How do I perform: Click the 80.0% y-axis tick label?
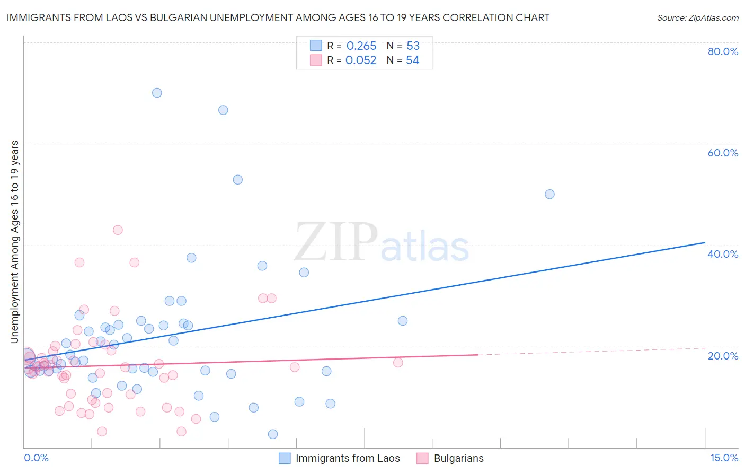pos(723,51)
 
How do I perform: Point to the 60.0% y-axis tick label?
pos(723,153)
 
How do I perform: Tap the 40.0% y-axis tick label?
pos(723,254)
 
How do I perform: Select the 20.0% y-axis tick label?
pos(723,355)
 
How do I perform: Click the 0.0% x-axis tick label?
pos(36,458)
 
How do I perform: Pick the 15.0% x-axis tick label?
pos(724,458)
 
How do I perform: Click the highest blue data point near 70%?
pos(157,93)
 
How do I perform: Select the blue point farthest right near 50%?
pos(549,194)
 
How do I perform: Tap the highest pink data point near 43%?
pos(118,230)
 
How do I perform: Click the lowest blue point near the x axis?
pos(273,434)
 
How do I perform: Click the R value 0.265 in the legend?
pos(361,46)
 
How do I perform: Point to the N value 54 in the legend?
pos(412,60)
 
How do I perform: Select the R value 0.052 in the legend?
pos(361,60)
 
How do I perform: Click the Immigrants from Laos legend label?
pos(348,458)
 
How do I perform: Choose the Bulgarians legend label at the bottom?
pos(458,458)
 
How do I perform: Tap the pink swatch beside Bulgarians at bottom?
pos(422,458)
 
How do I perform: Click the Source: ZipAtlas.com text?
pos(697,17)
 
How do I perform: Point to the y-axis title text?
pos(14,242)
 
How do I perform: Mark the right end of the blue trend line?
pos(705,242)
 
